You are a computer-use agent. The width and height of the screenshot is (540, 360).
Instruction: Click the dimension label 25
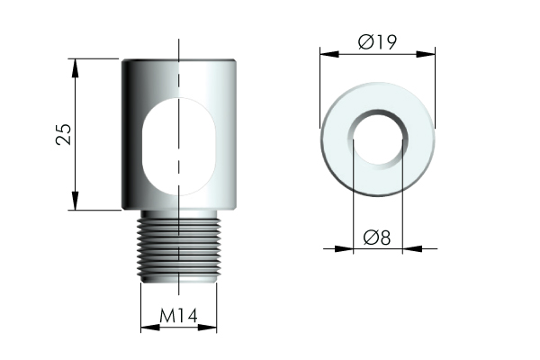(64, 134)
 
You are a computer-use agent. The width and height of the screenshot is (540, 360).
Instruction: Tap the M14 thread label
(178, 316)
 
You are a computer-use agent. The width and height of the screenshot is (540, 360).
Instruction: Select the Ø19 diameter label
(377, 42)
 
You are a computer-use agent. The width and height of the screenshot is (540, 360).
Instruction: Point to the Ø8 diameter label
(377, 238)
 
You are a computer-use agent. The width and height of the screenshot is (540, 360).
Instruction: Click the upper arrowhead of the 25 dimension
(75, 68)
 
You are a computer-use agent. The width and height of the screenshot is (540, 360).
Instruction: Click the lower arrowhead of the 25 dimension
(75, 201)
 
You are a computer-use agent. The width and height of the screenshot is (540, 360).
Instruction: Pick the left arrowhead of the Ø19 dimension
(329, 54)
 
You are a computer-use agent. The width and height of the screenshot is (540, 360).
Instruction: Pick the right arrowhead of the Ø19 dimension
(426, 54)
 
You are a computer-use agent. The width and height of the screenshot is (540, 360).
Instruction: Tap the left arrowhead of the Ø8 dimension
(344, 248)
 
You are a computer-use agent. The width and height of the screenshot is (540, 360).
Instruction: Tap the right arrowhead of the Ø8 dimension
(412, 248)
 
